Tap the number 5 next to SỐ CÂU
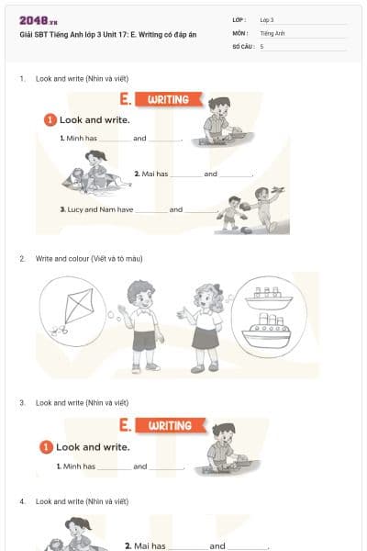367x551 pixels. click(261, 45)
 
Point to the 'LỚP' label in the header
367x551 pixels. click(239, 19)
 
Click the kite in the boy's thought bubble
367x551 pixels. click(72, 309)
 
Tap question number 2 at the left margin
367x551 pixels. click(22, 259)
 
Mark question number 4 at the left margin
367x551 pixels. click(22, 501)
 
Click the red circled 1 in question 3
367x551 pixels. click(45, 447)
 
